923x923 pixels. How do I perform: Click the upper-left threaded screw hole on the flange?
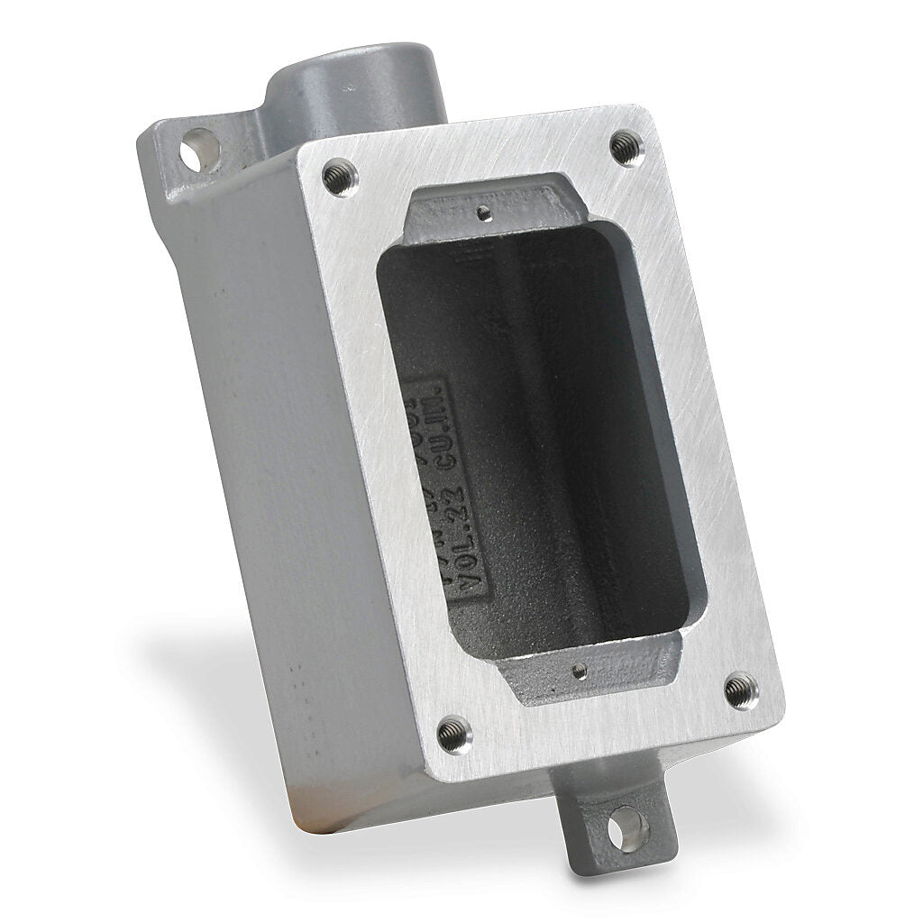tap(340, 169)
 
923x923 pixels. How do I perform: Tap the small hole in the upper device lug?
tap(485, 213)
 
